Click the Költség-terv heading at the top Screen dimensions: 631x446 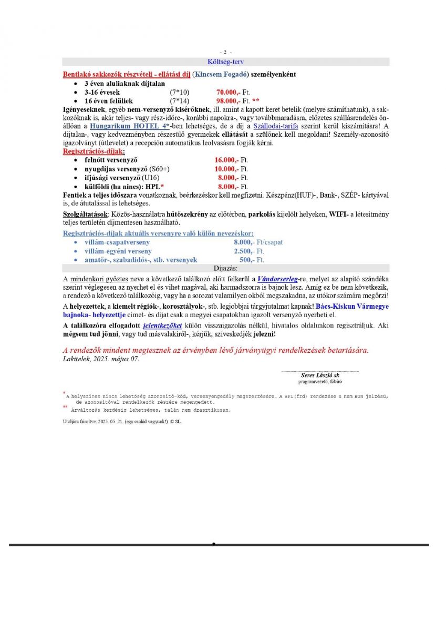225,62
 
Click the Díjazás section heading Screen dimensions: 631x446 225,268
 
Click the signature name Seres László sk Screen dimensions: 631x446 320,375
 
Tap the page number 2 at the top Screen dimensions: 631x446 225,52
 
